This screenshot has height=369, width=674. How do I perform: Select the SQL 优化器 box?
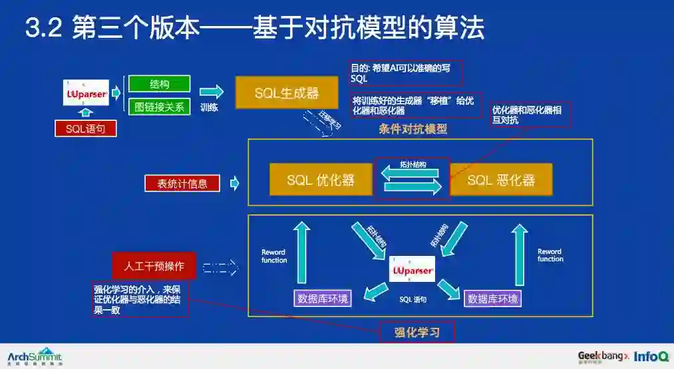(320, 180)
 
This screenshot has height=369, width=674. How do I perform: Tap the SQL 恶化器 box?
(501, 180)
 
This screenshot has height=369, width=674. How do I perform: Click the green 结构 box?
(160, 84)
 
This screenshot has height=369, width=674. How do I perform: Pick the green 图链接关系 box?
(160, 106)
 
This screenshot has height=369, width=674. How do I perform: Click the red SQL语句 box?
(85, 128)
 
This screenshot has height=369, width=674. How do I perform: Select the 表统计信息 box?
(182, 184)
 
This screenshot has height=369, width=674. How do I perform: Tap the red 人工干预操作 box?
(154, 267)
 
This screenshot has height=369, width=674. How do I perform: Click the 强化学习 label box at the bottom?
(417, 332)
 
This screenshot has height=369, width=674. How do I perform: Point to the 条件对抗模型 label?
(413, 129)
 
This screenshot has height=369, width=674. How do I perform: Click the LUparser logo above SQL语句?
(86, 94)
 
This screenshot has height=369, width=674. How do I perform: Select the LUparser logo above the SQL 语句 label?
(413, 271)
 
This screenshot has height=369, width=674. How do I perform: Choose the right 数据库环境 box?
(493, 299)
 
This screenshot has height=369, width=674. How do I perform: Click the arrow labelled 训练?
(212, 92)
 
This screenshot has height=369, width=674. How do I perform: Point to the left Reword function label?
(274, 256)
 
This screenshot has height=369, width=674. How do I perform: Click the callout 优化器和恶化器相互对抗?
(527, 114)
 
